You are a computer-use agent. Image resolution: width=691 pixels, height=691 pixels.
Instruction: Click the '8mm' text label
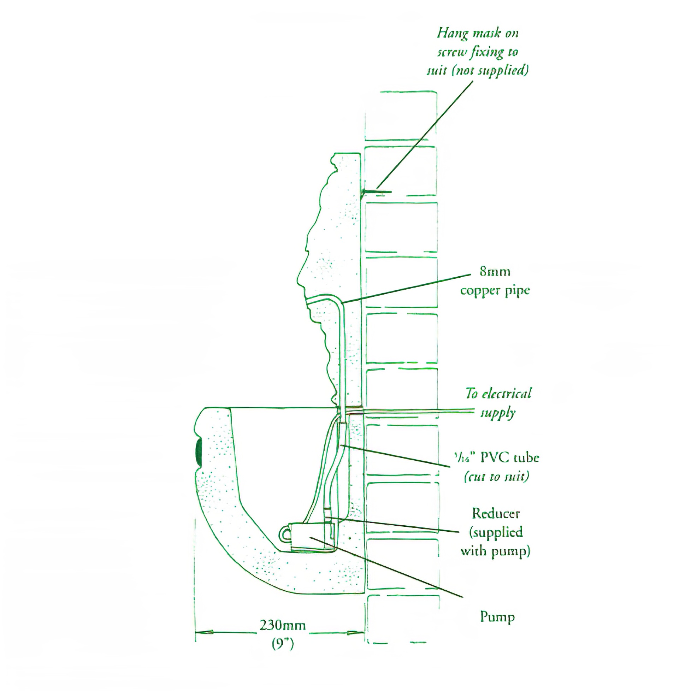click(x=495, y=271)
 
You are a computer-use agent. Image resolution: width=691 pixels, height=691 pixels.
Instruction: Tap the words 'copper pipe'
click(x=495, y=290)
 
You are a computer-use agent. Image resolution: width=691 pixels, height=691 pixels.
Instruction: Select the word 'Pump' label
click(x=497, y=616)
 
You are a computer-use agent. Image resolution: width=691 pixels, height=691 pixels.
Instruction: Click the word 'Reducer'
click(x=496, y=514)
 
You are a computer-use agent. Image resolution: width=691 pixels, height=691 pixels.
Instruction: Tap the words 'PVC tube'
click(x=509, y=458)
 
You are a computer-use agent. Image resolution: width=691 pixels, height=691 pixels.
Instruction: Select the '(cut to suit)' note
click(x=496, y=477)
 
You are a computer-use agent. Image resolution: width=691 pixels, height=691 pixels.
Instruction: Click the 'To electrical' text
click(x=498, y=394)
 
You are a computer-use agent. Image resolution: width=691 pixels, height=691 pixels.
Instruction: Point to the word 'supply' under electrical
click(x=497, y=413)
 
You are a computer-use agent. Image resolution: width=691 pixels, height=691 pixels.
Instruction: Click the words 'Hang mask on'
click(x=478, y=33)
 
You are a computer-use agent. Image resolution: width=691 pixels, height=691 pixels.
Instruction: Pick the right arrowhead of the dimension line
click(x=354, y=632)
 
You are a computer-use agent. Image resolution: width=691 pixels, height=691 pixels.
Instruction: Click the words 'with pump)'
click(x=495, y=551)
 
